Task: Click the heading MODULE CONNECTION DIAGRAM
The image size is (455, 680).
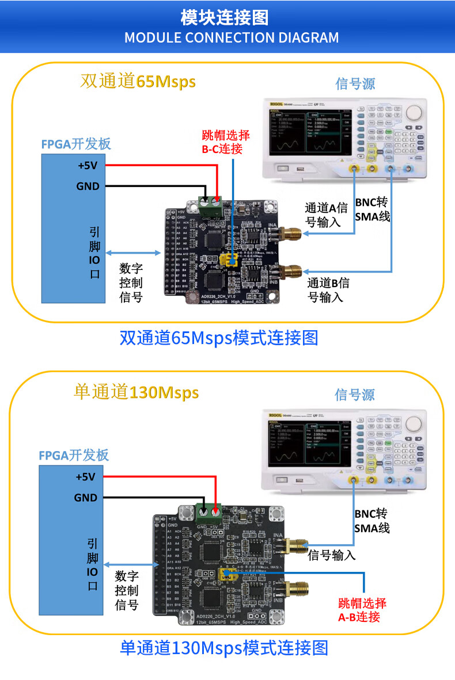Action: [232, 38]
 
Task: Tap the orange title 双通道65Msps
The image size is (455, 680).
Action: [138, 81]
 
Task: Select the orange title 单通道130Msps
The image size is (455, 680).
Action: [136, 392]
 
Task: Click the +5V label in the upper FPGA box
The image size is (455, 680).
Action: [88, 166]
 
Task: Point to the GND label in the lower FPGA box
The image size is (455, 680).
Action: [85, 498]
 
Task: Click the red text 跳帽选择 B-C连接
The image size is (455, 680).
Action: [226, 142]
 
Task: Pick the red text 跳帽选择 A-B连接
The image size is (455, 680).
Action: [362, 610]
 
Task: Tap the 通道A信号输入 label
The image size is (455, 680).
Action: [327, 215]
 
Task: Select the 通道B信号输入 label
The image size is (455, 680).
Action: [328, 290]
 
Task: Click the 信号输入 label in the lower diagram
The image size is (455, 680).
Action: [332, 555]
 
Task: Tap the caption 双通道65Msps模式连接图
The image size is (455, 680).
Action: [218, 338]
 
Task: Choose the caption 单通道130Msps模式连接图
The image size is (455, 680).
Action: [224, 648]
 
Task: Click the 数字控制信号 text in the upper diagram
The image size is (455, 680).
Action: [131, 282]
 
